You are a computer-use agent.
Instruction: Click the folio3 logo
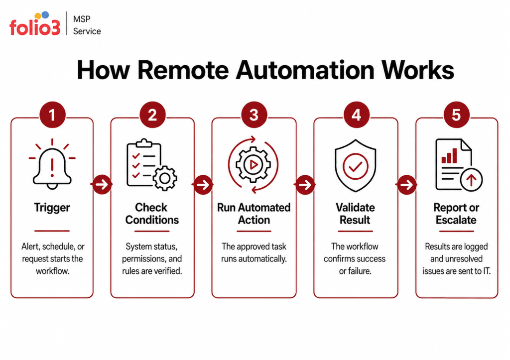pyautogui.click(x=35, y=24)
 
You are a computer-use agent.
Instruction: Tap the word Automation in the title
pyautogui.click(x=305, y=70)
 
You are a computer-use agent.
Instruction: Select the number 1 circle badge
pyautogui.click(x=52, y=115)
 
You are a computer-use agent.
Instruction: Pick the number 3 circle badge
pyautogui.click(x=254, y=115)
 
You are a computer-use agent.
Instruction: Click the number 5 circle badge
pyautogui.click(x=456, y=115)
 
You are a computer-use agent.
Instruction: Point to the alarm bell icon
pyautogui.click(x=52, y=164)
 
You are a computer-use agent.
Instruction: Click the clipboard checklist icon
pyautogui.click(x=151, y=164)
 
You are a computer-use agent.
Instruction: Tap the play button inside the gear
pyautogui.click(x=254, y=164)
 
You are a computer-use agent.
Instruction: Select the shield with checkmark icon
pyautogui.click(x=356, y=165)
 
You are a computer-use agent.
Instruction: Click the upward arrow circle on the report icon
pyautogui.click(x=471, y=179)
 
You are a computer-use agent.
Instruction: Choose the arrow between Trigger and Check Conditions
pyautogui.click(x=102, y=184)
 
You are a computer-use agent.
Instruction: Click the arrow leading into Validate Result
pyautogui.click(x=305, y=185)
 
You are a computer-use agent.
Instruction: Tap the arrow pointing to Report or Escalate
pyautogui.click(x=406, y=185)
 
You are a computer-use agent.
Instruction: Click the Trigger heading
pyautogui.click(x=52, y=208)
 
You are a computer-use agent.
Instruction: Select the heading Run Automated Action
pyautogui.click(x=254, y=214)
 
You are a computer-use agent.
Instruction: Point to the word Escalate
pyautogui.click(x=456, y=220)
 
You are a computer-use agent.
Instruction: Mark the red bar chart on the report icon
pyautogui.click(x=449, y=156)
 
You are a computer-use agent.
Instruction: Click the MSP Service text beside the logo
pyautogui.click(x=87, y=25)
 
